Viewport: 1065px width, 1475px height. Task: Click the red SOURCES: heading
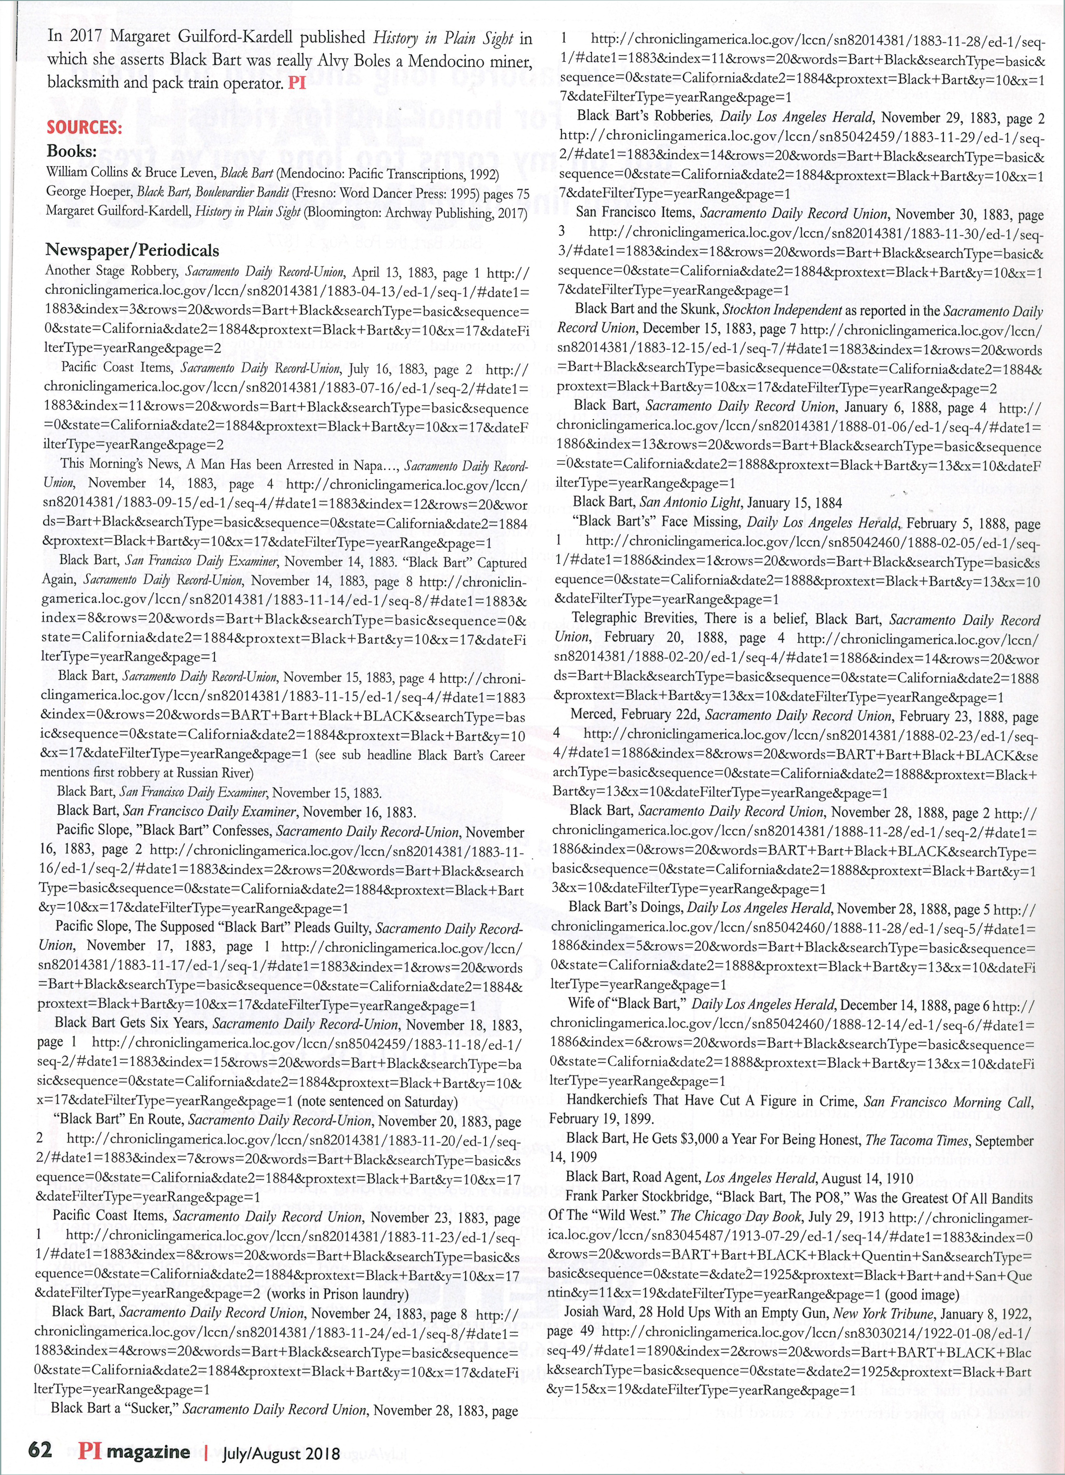(84, 128)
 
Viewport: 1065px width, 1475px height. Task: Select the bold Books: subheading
(72, 152)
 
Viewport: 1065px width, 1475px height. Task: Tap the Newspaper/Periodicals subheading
(132, 250)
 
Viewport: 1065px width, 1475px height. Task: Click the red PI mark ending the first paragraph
(297, 84)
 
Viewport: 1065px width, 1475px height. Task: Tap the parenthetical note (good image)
(922, 1277)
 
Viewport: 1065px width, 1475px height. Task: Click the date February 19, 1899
(601, 1119)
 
